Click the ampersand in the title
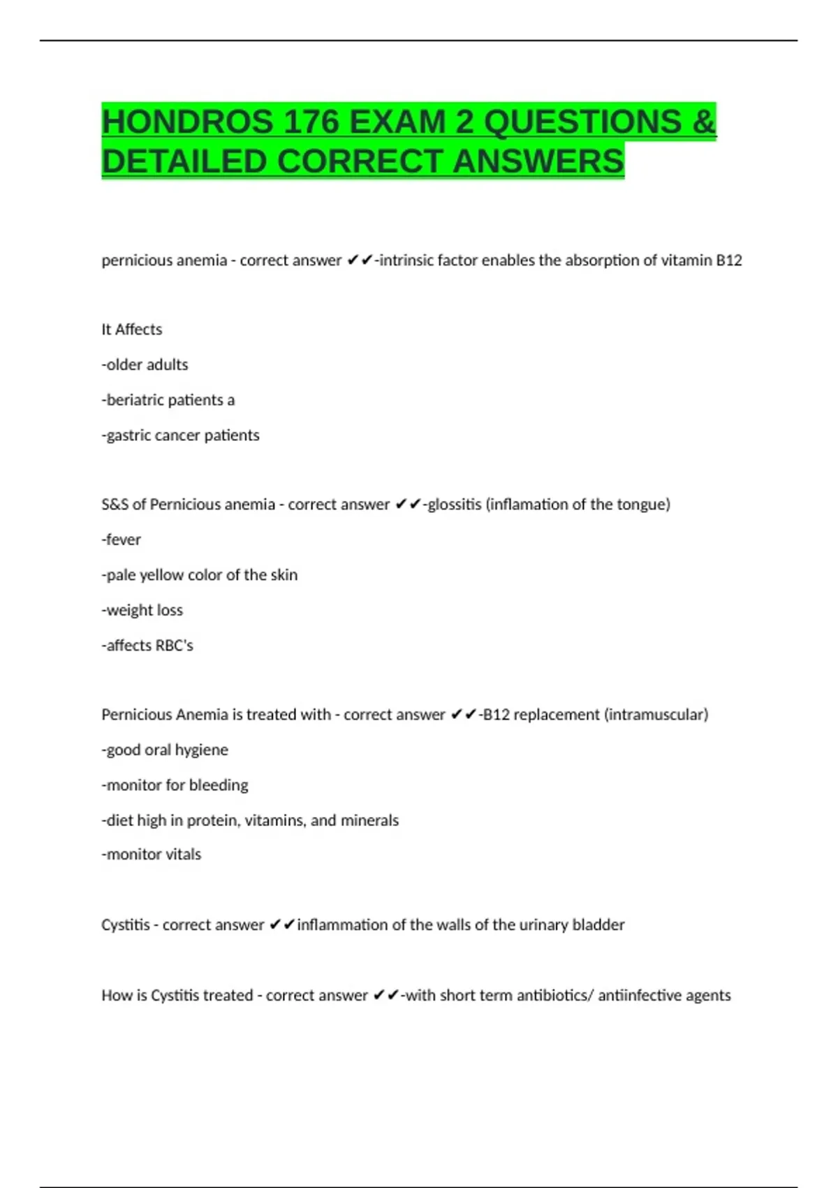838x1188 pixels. coord(704,122)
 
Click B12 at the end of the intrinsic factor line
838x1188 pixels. coord(729,261)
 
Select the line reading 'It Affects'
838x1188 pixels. coord(132,330)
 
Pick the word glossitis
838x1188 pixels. coord(454,505)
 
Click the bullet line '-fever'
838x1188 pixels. coord(122,539)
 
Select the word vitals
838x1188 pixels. coord(182,855)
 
